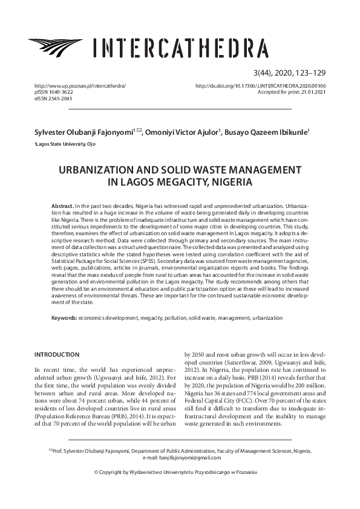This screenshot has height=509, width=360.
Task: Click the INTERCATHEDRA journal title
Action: click(180, 47)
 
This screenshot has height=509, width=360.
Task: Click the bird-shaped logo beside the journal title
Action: click(57, 45)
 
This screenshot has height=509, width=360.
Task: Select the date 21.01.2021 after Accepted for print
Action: click(312, 92)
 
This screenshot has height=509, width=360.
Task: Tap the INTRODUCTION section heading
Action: click(57, 354)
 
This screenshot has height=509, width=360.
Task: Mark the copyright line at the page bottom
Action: click(180, 487)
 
